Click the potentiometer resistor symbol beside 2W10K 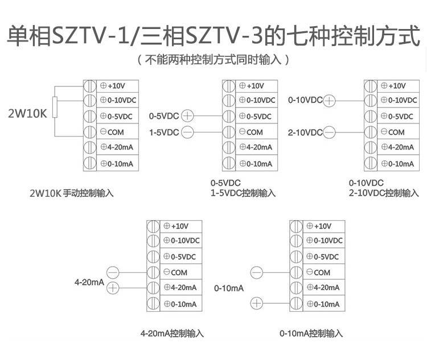point(55,107)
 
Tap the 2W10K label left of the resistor point(27,114)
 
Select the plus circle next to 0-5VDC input point(187,116)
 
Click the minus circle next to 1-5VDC point(187,133)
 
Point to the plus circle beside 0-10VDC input point(329,101)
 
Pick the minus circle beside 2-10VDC point(329,133)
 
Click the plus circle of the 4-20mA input point(113,288)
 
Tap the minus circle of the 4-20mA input point(113,272)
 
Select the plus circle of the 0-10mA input point(257,303)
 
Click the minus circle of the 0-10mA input point(257,272)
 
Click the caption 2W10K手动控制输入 point(71,193)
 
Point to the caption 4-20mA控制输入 point(172,333)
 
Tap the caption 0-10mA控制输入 point(311,333)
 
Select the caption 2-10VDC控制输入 point(384,193)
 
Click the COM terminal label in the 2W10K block point(112,132)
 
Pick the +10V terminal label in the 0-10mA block point(319,226)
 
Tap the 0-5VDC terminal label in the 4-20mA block point(180,256)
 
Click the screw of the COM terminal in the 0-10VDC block point(371,132)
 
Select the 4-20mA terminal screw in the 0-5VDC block point(229,147)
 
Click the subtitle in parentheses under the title point(213,59)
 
